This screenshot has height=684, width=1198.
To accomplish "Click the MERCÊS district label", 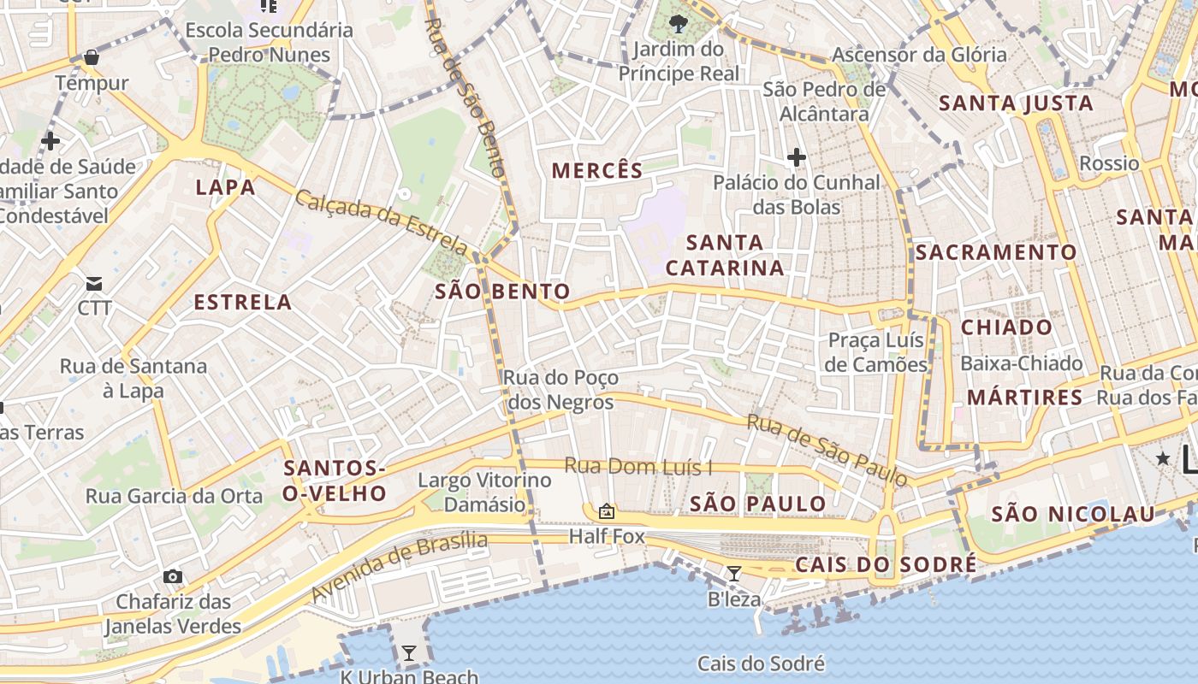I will pos(596,170).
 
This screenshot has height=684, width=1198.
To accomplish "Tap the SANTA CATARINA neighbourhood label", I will pos(725,255).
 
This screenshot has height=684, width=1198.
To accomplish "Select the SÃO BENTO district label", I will pos(502,292).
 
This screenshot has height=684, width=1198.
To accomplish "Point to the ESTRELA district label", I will pos(243,302).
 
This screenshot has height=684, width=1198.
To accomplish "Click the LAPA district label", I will pos(225,187).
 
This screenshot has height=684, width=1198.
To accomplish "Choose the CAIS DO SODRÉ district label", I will pos(886,565).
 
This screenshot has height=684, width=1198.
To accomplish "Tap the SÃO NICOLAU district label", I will pos(1073,515).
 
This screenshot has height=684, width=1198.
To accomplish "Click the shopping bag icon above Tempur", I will pos(92,58).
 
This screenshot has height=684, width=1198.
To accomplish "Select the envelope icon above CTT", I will pos(94,283).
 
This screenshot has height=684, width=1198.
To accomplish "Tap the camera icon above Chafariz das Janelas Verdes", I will pos(173,576).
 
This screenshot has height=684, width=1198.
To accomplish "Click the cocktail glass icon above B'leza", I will pos(733,573).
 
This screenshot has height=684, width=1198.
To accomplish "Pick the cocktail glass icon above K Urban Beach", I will pos(409,653).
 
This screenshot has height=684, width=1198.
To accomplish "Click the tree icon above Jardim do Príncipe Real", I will pos(679,23).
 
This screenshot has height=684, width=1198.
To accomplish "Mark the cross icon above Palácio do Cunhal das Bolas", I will pos(797,157).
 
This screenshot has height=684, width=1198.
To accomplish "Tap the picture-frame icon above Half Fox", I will pos(607,511).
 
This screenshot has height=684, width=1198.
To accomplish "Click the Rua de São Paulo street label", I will pos(827,451).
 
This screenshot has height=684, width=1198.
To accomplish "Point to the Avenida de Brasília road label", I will pos(399,566).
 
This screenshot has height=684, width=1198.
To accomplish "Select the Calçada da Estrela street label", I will pos(382,222).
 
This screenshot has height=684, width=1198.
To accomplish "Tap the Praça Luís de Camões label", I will pos(877,352).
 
